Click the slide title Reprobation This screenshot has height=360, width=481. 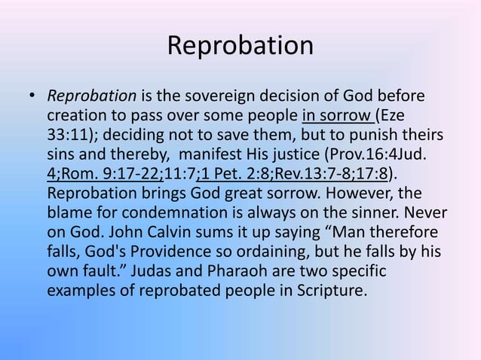point(240,45)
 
